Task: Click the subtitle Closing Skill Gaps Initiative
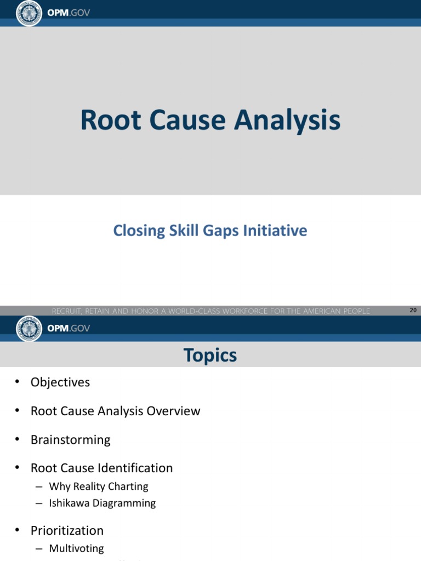210,231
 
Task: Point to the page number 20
413,311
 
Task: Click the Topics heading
210,356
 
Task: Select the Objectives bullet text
60,382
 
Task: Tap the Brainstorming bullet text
71,439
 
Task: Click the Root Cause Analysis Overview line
116,411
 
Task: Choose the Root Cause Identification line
102,468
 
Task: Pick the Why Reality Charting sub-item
99,486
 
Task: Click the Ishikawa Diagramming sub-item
103,503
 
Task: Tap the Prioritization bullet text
67,530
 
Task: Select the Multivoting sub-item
76,548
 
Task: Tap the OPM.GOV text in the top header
69,13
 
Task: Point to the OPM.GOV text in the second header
69,328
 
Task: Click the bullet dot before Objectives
18,382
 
